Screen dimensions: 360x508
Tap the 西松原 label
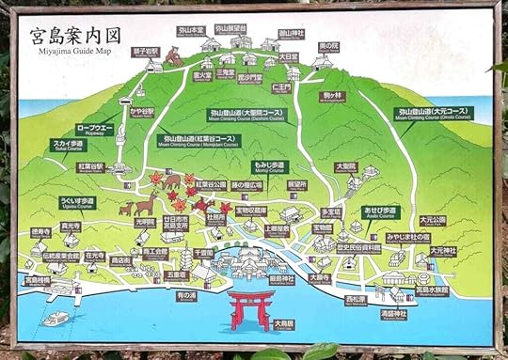pyautogui.click(x=355, y=300)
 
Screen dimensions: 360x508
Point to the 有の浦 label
pyautogui.click(x=185, y=295)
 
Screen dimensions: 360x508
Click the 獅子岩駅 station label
pyautogui.click(x=145, y=53)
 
